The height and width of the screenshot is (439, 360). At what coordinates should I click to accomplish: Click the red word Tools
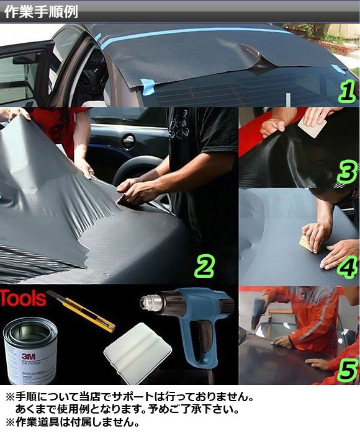[x=23, y=298]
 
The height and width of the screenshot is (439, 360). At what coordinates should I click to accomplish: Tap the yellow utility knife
[x=81, y=311]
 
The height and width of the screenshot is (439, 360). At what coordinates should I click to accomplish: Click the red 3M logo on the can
[x=29, y=356]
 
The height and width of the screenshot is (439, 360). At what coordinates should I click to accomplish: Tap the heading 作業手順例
[x=41, y=12]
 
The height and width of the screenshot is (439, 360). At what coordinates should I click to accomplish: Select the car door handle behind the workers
[x=128, y=139]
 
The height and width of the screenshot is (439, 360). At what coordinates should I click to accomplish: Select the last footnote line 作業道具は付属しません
[x=72, y=422]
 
